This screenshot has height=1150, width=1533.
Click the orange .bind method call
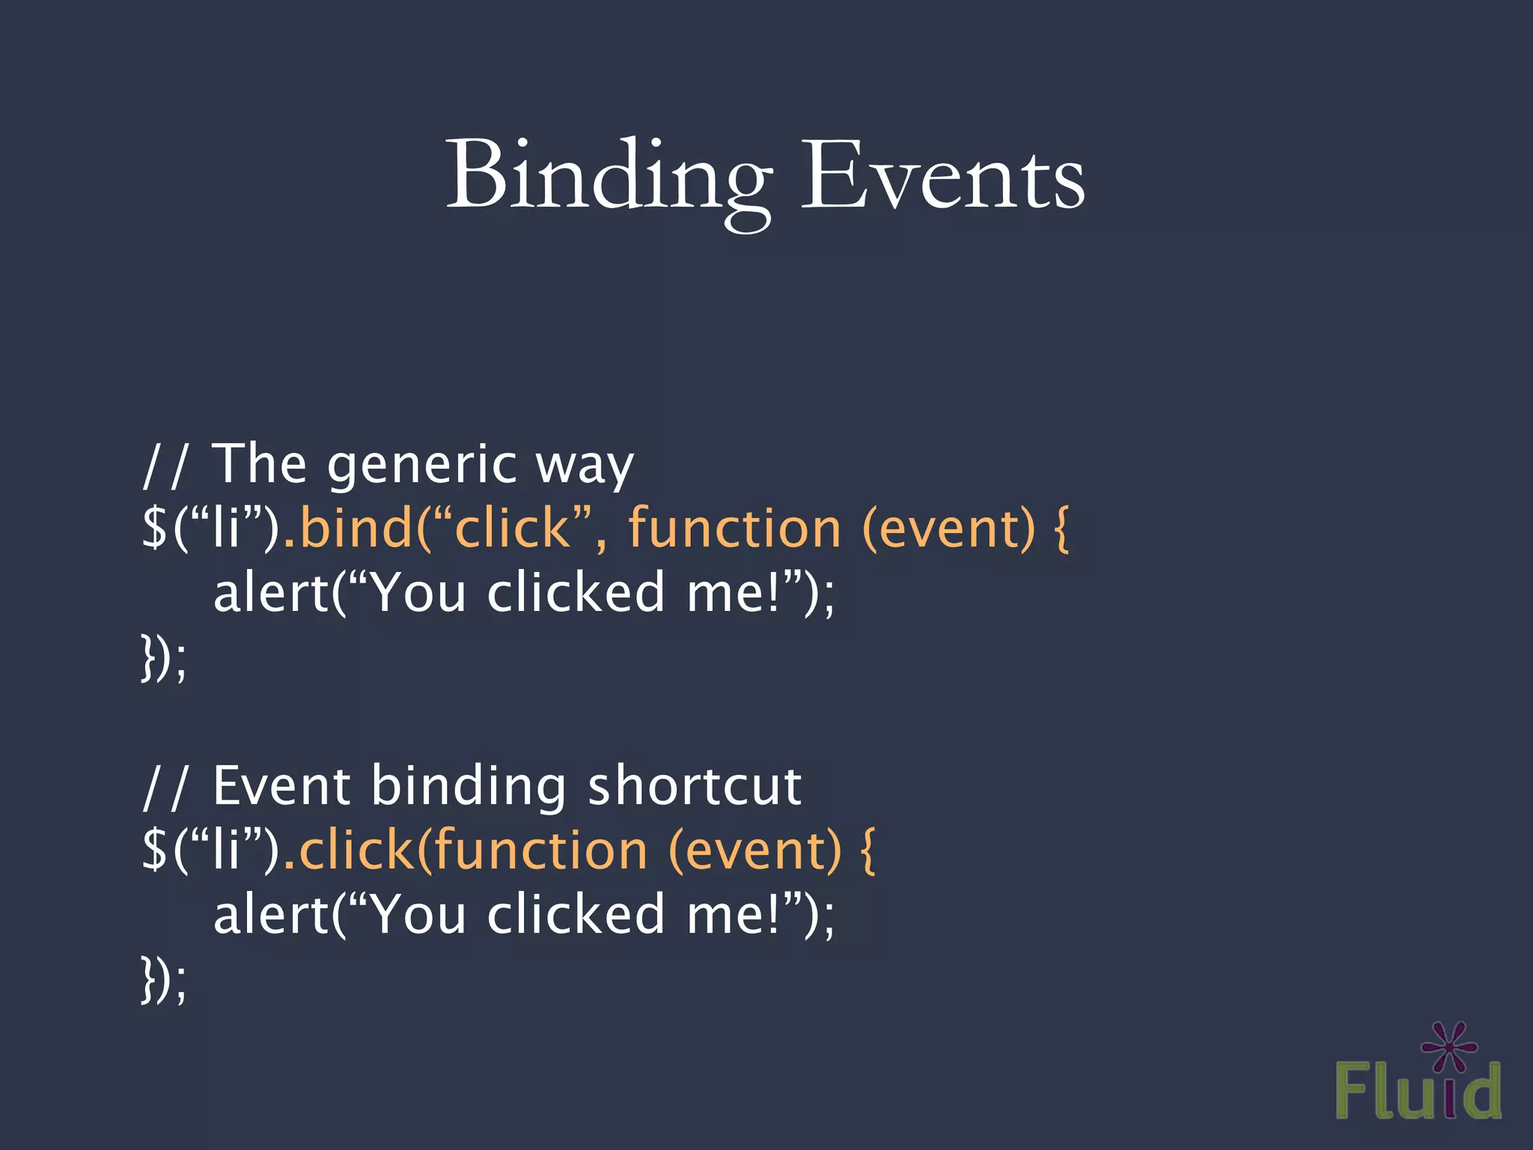[349, 528]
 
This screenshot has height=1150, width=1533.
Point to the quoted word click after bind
[513, 528]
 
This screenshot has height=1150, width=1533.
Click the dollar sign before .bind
[154, 528]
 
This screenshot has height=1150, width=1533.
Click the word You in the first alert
[419, 592]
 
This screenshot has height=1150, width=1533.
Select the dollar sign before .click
[154, 851]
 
